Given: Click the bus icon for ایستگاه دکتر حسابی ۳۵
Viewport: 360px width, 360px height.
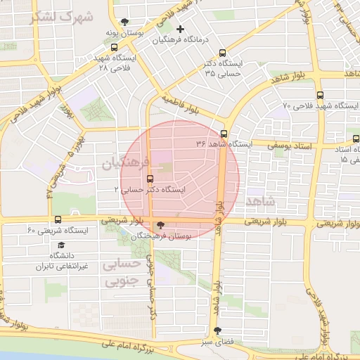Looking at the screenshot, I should pos(223,53).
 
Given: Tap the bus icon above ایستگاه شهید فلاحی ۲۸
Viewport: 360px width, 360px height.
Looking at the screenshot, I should pos(114,48).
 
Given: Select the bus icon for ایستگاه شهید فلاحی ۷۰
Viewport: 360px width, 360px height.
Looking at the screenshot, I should pos(321,94).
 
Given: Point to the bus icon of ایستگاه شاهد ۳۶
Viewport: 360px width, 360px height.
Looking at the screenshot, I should pos(224,134).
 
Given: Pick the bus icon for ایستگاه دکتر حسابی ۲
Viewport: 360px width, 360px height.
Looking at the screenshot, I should pos(149,178).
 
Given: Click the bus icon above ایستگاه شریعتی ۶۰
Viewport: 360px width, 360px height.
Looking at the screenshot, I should pos(58,219).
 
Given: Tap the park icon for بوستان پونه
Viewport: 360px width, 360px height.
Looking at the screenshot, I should pos(125,22).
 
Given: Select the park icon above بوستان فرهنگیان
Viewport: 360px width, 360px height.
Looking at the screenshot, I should pos(162,225).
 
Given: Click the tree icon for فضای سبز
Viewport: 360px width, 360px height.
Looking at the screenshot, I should pos(217,330).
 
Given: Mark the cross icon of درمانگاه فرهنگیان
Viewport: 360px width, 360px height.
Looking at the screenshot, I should pos(181,29).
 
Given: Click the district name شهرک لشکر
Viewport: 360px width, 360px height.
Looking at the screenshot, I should pos(62,17).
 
